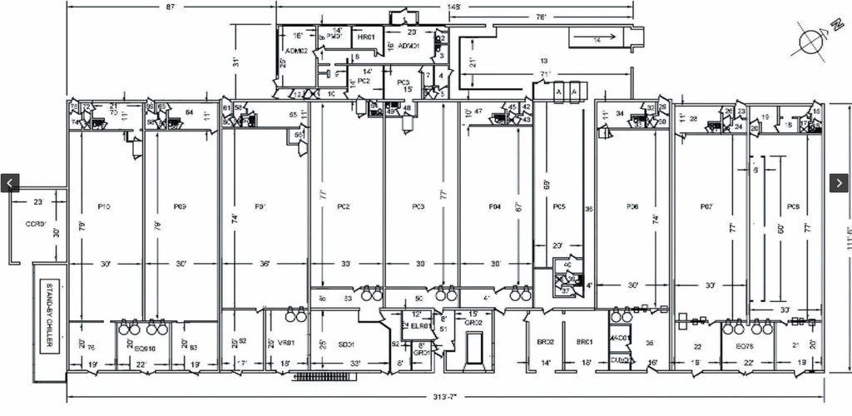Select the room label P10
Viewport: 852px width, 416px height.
pos(104,206)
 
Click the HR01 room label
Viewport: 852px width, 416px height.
pos(364,38)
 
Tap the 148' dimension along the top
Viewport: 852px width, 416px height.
pos(454,7)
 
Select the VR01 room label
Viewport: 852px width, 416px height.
pos(285,343)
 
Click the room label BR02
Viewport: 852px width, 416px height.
pos(546,342)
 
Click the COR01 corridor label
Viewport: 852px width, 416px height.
pos(35,224)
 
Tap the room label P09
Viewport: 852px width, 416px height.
pos(180,206)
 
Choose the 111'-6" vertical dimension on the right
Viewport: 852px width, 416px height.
pos(846,240)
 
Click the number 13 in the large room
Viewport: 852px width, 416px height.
pos(544,61)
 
